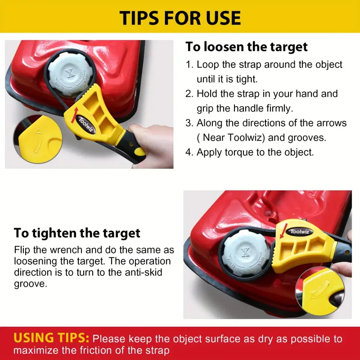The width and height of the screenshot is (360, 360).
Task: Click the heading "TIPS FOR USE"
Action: click(x=180, y=18)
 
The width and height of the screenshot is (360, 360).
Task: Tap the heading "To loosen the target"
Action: click(x=246, y=47)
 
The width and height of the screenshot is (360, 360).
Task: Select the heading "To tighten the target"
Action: click(x=77, y=233)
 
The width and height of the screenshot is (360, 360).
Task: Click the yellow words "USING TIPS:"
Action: click(x=51, y=338)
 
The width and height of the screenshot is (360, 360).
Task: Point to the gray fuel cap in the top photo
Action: click(x=70, y=74)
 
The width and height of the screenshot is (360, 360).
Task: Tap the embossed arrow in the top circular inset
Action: click(x=38, y=140)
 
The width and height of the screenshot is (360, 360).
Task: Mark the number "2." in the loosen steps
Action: click(x=189, y=94)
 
